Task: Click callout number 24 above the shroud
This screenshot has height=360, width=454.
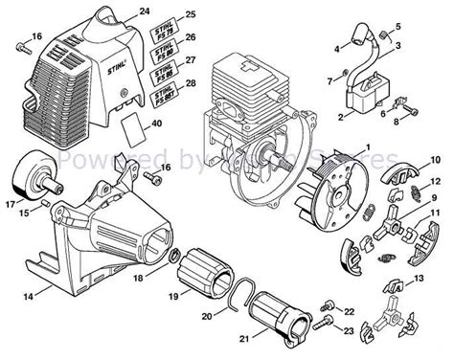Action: (145, 11)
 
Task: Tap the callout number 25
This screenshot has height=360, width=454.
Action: (190, 15)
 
